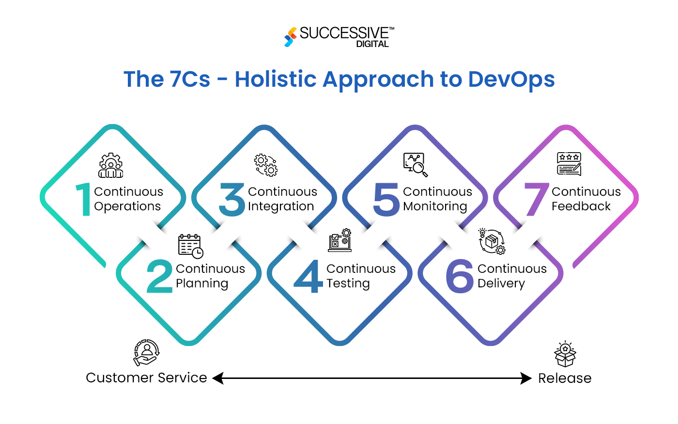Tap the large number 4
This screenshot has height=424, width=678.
[x=308, y=276]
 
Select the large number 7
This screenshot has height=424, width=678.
[x=536, y=199]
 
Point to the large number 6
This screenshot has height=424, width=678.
[x=460, y=276]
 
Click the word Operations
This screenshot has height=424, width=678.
[x=127, y=206]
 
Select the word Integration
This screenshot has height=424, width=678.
[x=281, y=206]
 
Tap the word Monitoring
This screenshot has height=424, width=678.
[x=435, y=206]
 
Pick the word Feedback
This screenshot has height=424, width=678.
[x=581, y=206]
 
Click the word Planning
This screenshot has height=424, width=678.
[x=202, y=283]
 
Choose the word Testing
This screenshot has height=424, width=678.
[x=348, y=283]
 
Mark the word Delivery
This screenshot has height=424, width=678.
[x=501, y=283]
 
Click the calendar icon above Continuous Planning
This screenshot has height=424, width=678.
[x=190, y=246]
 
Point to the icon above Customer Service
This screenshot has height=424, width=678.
[x=146, y=353]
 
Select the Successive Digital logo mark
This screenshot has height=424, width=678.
[x=291, y=37]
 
